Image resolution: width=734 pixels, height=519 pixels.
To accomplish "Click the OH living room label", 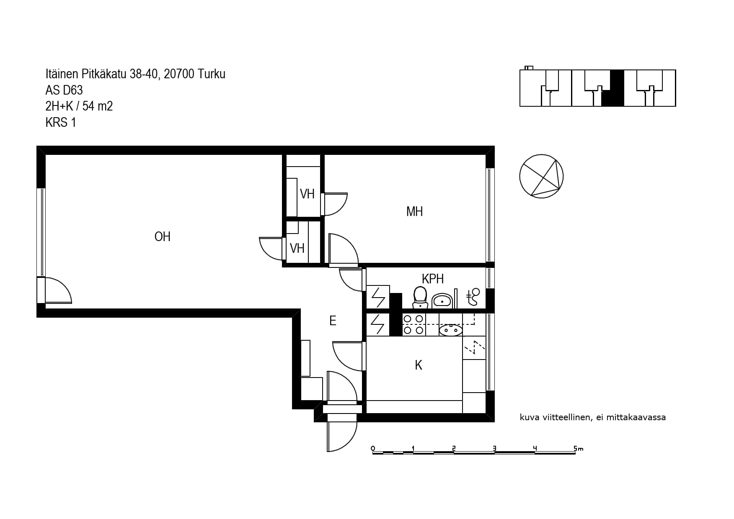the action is click(163, 237).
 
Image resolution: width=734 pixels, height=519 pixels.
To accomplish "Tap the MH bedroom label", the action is click(414, 212).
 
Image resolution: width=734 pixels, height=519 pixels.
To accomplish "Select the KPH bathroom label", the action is click(433, 279).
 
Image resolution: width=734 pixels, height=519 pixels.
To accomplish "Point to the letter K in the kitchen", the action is click(419, 365).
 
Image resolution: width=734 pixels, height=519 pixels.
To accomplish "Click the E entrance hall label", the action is click(333, 321).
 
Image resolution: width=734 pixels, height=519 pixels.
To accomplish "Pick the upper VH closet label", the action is click(307, 194).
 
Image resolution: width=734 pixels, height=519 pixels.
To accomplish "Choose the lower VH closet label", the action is click(297, 249).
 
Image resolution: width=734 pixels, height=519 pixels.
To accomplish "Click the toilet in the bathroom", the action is click(420, 298).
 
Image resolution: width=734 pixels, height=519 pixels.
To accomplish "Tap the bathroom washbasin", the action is click(442, 301).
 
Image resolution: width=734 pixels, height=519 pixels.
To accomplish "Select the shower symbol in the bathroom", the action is click(473, 297).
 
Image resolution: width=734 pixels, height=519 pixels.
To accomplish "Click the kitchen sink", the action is click(451, 330).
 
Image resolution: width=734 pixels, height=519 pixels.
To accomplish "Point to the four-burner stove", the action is click(414, 325).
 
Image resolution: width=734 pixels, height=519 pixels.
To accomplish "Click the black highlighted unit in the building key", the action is click(613, 88).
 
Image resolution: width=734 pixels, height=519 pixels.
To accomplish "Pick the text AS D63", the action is click(64, 90).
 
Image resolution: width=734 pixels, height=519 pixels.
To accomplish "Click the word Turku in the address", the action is click(212, 74).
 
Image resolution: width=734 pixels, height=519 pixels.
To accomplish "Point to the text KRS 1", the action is click(61, 123).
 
